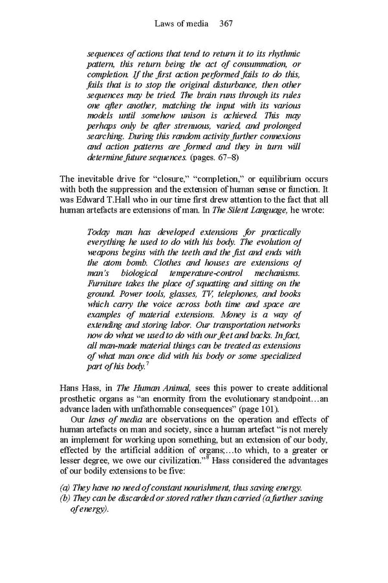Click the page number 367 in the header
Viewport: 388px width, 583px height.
coord(226,24)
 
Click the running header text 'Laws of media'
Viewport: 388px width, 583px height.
coord(182,24)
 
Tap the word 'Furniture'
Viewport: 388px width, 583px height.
coord(107,284)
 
